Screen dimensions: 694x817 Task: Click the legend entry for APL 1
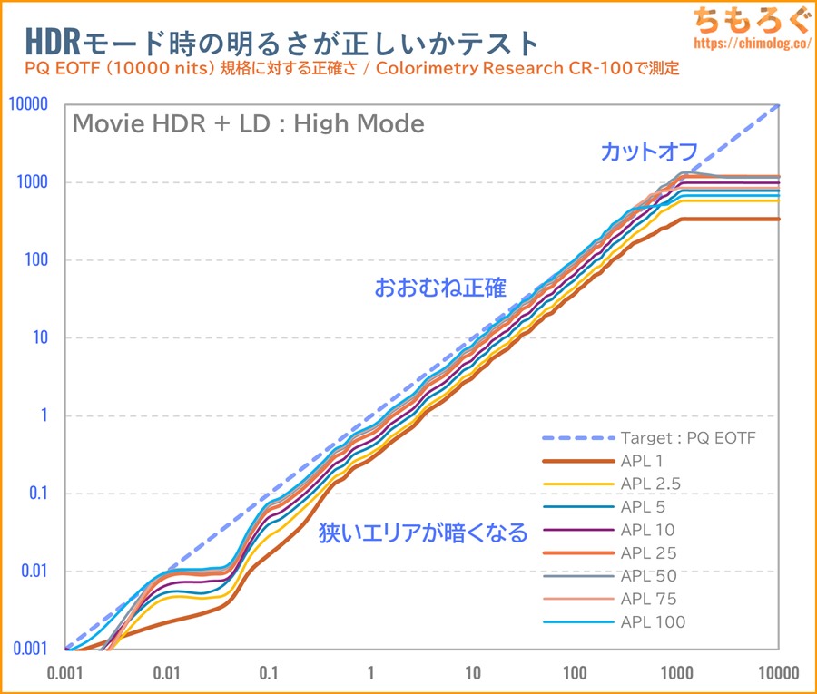644,461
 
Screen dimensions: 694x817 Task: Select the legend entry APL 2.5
651,484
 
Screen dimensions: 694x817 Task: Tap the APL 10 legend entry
648,530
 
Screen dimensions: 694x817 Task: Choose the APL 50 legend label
648,575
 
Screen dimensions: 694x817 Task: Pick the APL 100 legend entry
653,621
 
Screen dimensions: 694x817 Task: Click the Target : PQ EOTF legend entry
688,438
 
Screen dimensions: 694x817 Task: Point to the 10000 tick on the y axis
28,104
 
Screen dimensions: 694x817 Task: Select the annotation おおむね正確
440,288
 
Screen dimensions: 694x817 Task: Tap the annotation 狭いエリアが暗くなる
422,533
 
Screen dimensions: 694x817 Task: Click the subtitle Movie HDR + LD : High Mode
248,123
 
